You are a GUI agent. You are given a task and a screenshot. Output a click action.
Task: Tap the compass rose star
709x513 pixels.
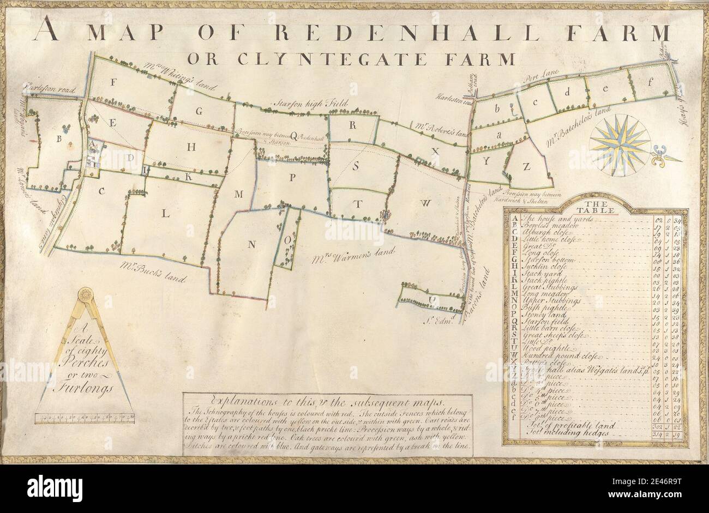(x=618, y=147)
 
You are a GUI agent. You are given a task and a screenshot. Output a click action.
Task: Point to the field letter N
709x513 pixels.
(x=251, y=244)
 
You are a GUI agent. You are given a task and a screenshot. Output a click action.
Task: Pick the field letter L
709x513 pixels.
(x=166, y=214)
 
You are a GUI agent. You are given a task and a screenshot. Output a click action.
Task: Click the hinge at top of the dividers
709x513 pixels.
(x=85, y=295)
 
